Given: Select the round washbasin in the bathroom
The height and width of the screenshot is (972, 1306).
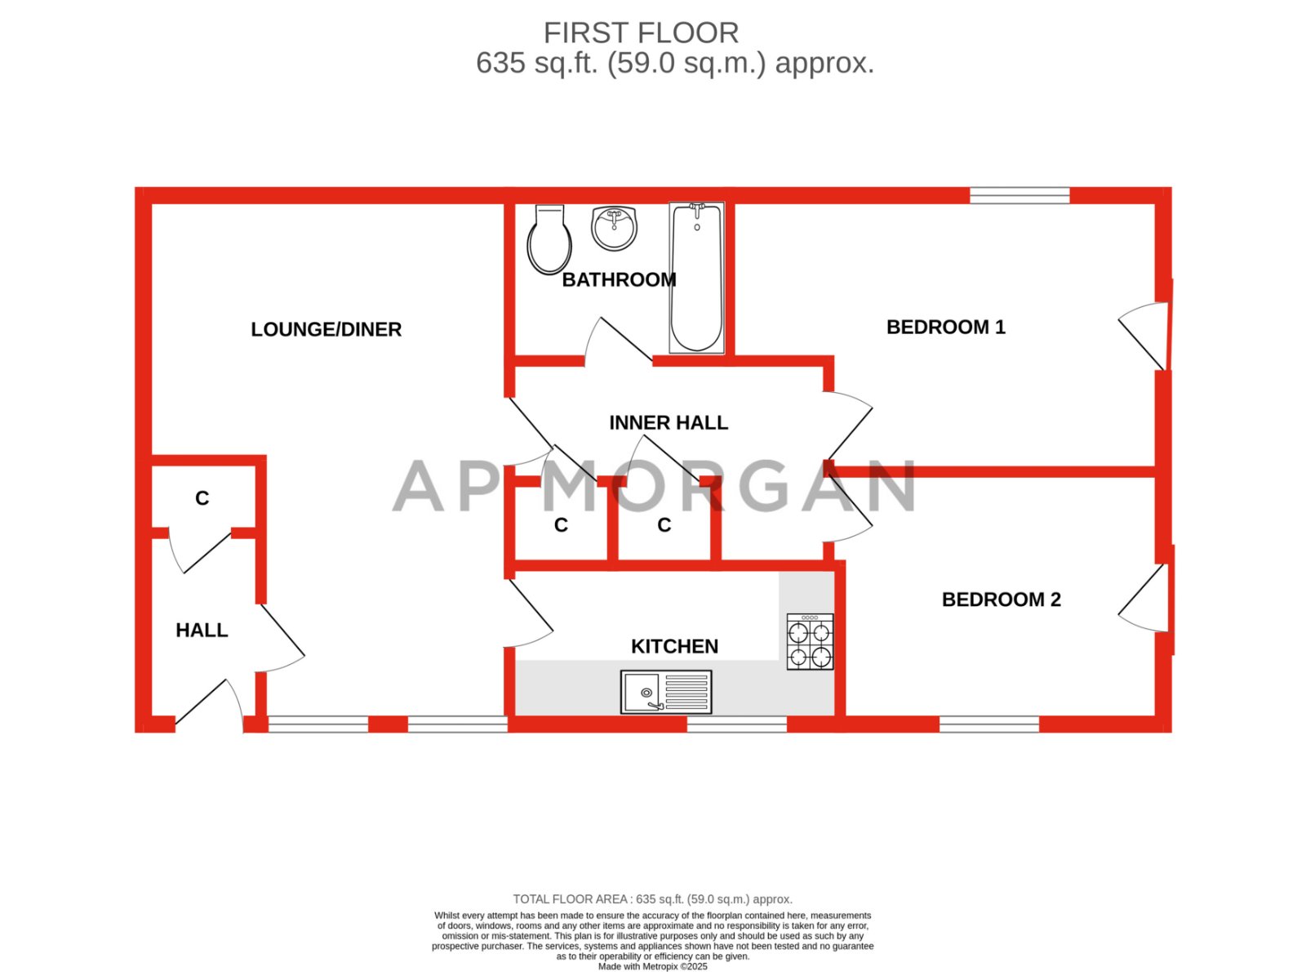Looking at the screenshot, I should point(614,227).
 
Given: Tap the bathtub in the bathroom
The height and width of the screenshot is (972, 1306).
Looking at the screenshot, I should point(696,278).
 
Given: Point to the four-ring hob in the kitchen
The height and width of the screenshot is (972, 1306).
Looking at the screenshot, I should point(810,642).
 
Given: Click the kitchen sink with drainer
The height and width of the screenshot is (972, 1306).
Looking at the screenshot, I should point(666,692).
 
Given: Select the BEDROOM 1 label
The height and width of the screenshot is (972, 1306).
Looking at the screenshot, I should point(945,327).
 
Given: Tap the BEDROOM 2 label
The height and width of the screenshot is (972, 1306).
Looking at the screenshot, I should point(1001,600).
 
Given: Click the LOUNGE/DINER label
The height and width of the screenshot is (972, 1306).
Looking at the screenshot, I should point(326,329).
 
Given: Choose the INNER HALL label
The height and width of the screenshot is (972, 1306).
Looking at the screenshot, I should point(669,422).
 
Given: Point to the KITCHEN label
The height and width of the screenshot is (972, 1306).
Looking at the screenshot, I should point(674,646).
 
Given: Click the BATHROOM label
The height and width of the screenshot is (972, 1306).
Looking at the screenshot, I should point(619,279).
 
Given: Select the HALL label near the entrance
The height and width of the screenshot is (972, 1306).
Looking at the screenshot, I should point(202,630).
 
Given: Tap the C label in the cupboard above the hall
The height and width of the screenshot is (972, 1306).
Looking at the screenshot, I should point(202,498).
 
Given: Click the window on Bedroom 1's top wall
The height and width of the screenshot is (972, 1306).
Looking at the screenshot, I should point(1019,195).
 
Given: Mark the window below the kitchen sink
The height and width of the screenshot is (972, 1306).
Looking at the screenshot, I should point(736,724).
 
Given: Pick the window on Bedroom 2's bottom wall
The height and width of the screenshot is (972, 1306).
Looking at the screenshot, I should point(989,724).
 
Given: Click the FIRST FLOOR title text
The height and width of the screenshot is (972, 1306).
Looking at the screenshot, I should point(641,33).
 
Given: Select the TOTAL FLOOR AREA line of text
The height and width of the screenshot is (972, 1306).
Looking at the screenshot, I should point(652,899).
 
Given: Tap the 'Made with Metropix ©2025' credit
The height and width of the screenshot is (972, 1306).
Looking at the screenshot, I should point(652,966).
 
